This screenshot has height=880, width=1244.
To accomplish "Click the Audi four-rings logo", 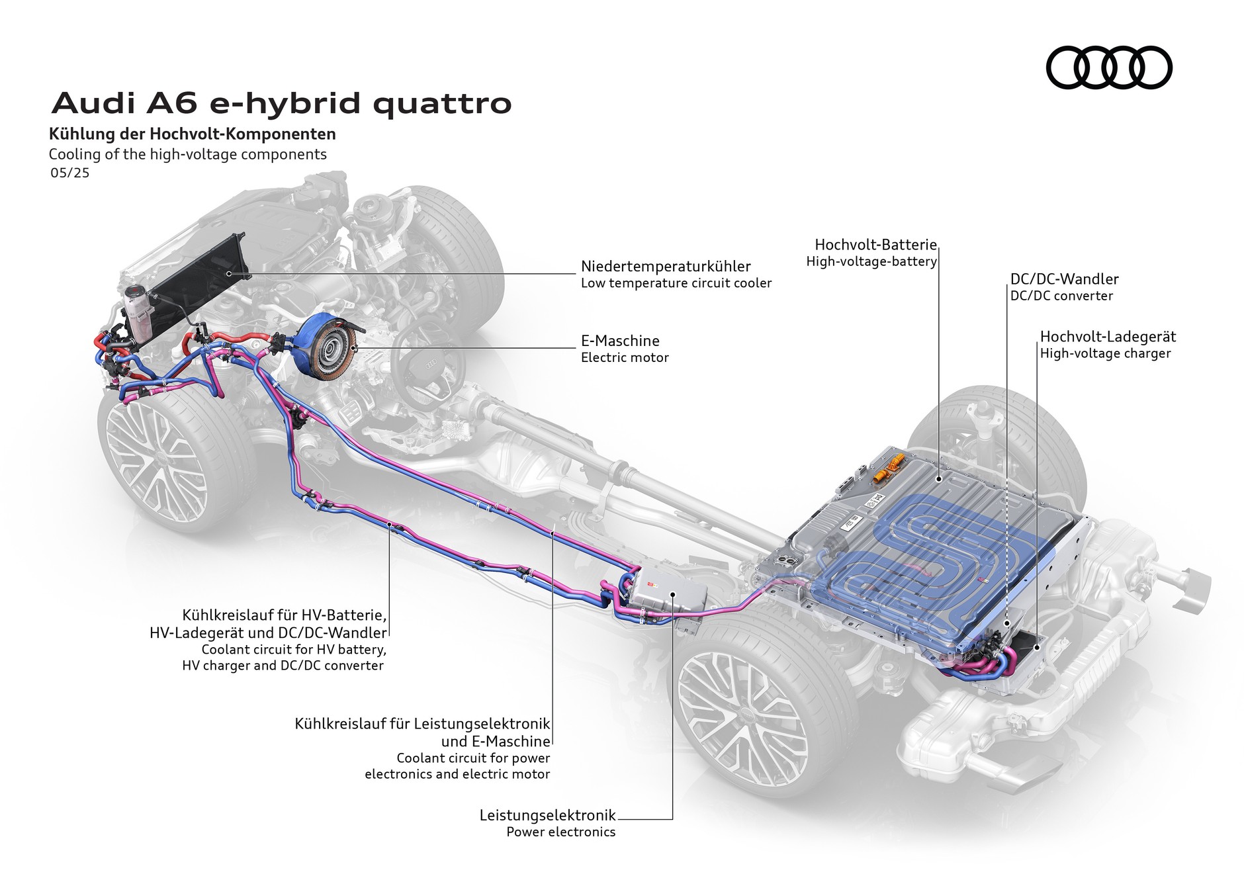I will (x=1108, y=67).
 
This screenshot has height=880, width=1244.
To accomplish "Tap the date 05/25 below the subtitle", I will (x=69, y=173).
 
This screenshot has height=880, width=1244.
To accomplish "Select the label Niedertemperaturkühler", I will (x=665, y=266).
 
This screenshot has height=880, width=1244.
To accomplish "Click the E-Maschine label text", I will (x=620, y=341).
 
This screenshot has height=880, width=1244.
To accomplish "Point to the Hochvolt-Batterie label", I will (x=875, y=245).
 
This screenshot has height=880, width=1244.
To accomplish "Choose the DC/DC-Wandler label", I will (x=1064, y=279).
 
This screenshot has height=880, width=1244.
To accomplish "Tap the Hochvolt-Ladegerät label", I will (x=1108, y=336).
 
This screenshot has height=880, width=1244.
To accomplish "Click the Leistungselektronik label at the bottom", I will (x=547, y=815).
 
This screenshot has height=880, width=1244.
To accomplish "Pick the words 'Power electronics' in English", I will (x=560, y=832).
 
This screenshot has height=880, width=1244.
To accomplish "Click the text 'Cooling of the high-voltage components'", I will (x=188, y=154).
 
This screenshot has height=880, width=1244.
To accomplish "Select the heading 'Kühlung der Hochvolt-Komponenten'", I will (x=193, y=134).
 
